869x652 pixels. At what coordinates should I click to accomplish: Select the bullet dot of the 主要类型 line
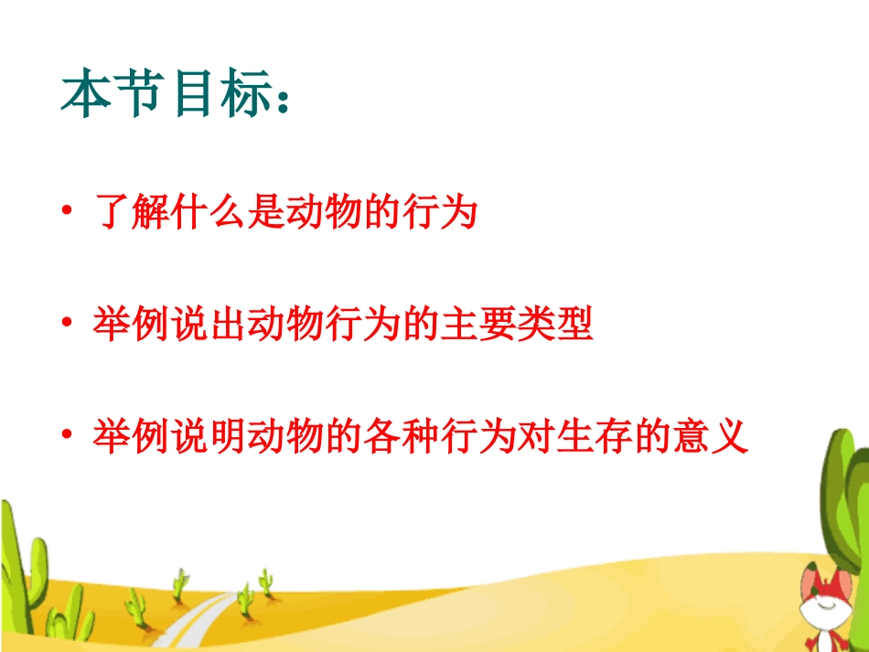coord(66,324)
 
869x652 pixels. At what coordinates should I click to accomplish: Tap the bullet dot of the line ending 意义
coord(66,436)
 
